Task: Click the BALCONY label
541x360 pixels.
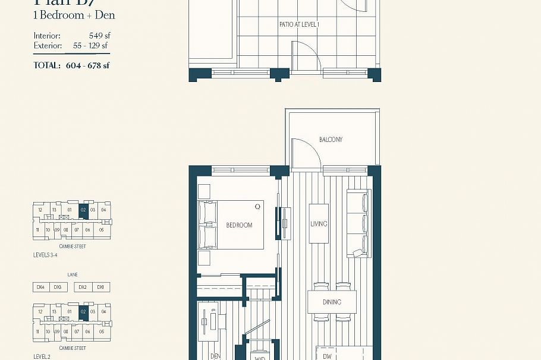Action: coord(331,140)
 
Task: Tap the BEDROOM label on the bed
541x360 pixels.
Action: coord(239,225)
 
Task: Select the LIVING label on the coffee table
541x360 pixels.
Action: coord(319,224)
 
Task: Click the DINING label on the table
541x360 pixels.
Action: coord(332,302)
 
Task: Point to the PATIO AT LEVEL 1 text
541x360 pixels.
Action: coord(299,25)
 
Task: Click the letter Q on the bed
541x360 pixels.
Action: coord(257,207)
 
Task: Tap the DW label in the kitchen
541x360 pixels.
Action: coord(327,356)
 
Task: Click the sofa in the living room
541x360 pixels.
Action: coord(358,223)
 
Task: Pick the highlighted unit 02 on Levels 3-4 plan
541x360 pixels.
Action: coord(84,210)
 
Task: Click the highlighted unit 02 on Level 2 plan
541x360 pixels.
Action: coord(84,311)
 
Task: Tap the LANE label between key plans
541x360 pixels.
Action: coord(72,275)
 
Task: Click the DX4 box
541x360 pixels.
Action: coord(40,287)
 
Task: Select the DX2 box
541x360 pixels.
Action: coord(83,287)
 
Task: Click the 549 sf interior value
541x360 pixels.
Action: coord(99,36)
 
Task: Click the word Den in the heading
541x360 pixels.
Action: coord(105,15)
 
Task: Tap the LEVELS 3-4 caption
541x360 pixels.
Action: coord(45,254)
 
